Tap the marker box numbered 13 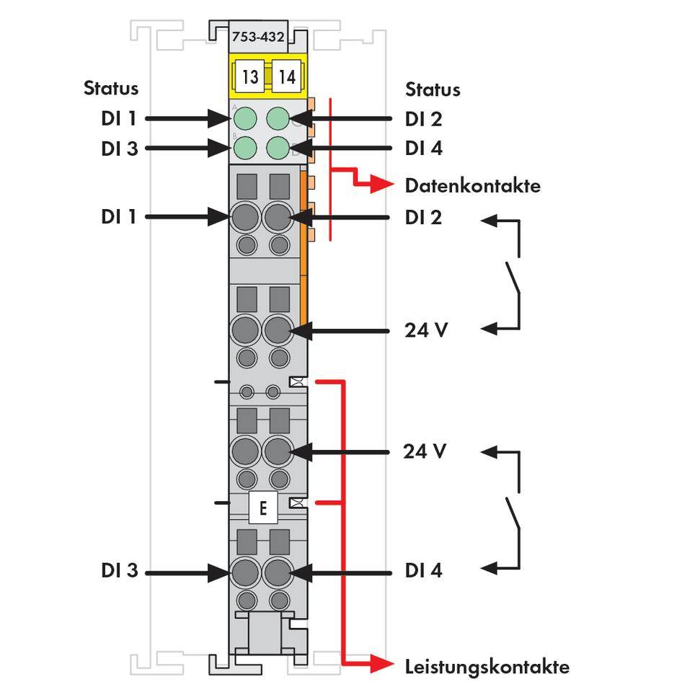point(249,76)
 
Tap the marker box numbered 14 point(287,76)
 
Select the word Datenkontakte point(472,186)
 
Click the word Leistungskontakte point(487,666)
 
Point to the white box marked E point(263,509)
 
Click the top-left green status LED point(247,118)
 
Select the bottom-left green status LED point(247,148)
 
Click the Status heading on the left point(110,89)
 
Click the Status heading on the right point(432,89)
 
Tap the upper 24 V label point(425,330)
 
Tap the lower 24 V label point(425,451)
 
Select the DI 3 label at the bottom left point(119,570)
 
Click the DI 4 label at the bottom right point(423,570)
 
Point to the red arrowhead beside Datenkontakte point(386,185)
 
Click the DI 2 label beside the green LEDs point(423,119)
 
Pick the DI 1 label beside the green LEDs point(119,119)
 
